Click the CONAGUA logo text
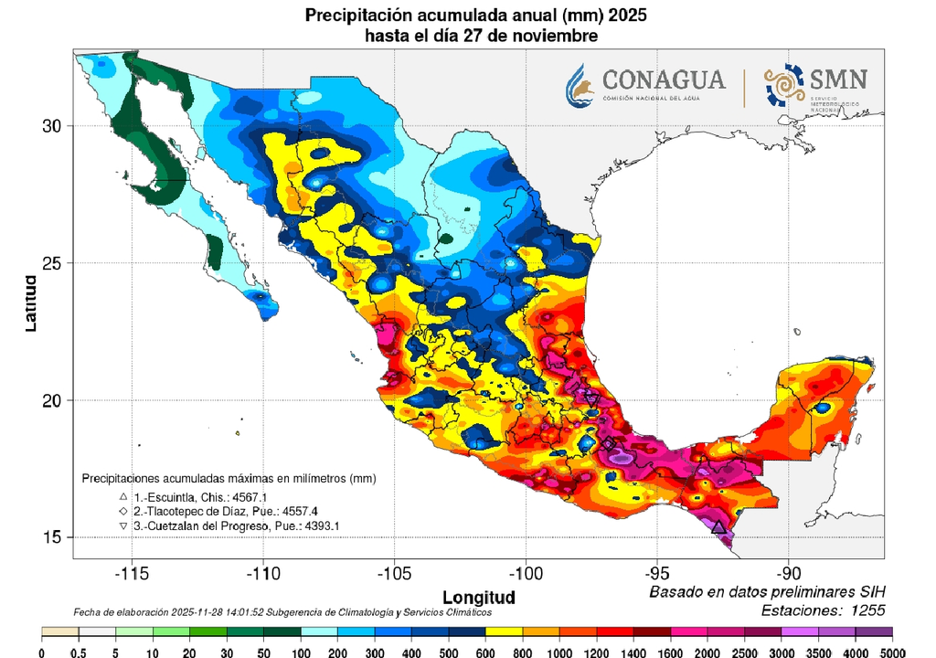coord(664,80)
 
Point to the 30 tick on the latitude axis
coord(53,126)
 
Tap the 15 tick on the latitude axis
coord(53,537)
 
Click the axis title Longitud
coord(479,597)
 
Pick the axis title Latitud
coord(31,302)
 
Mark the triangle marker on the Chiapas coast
coord(718,527)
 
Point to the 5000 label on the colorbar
coord(892,651)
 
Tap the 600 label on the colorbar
coord(485,651)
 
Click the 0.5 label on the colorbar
coord(78,651)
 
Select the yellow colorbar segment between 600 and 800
coord(504,632)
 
